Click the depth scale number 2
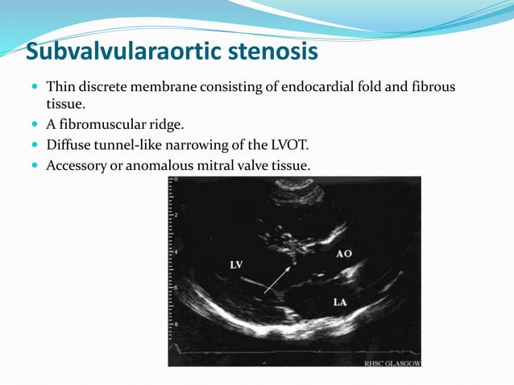176,215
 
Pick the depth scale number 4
176,251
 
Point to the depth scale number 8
176,324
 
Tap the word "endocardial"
316,86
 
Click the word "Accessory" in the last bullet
77,165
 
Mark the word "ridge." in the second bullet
171,125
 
